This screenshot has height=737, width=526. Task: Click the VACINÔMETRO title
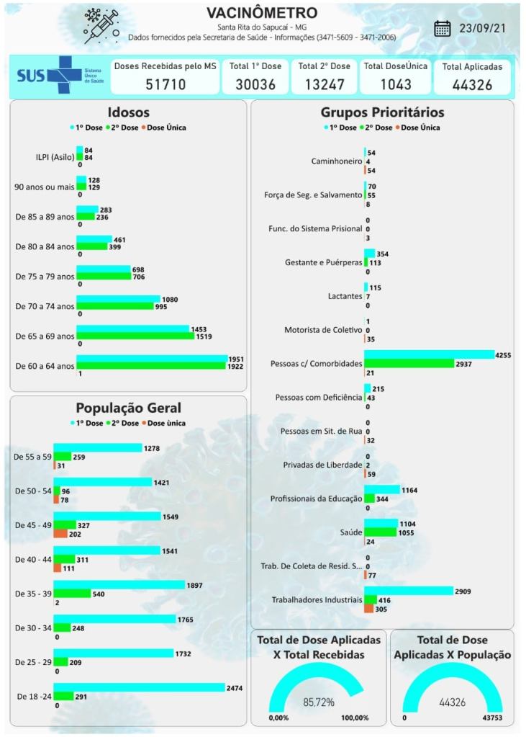pyautogui.click(x=261, y=14)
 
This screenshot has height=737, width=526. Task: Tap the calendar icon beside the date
pyautogui.click(x=443, y=29)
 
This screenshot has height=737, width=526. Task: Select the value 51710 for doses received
pyautogui.click(x=165, y=84)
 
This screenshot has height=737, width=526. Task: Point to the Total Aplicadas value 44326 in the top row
pyautogui.click(x=472, y=84)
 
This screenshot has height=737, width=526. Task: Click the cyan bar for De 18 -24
pyautogui.click(x=139, y=688)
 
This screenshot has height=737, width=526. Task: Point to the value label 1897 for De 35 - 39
pyautogui.click(x=195, y=585)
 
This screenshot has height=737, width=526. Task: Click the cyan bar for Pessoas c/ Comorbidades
pyautogui.click(x=429, y=354)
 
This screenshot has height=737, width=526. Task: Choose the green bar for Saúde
pyautogui.click(x=380, y=532)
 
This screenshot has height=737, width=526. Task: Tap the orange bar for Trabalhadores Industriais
pyautogui.click(x=368, y=608)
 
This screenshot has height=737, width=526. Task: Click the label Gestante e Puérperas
pyautogui.click(x=324, y=262)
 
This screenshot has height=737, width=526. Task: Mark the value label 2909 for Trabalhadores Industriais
pyautogui.click(x=463, y=591)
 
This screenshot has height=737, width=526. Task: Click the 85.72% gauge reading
pyautogui.click(x=317, y=702)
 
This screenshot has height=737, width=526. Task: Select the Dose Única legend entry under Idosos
pyautogui.click(x=166, y=128)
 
